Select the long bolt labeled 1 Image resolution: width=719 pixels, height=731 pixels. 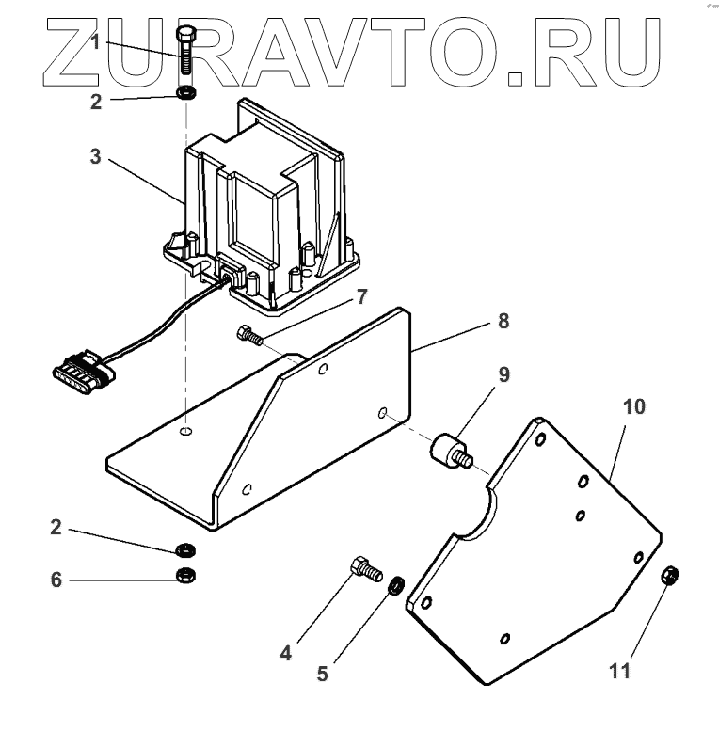pyautogui.click(x=186, y=51)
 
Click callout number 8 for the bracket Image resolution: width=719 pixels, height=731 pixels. pyautogui.click(x=503, y=321)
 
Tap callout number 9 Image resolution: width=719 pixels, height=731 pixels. pyautogui.click(x=503, y=373)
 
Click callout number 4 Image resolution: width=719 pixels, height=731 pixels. pyautogui.click(x=286, y=651)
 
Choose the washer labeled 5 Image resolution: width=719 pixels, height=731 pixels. pyautogui.click(x=396, y=586)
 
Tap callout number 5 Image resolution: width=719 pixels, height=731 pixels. pyautogui.click(x=323, y=675)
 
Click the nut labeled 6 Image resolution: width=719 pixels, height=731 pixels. pyautogui.click(x=185, y=575)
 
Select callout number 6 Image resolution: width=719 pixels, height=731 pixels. pyautogui.click(x=56, y=580)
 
